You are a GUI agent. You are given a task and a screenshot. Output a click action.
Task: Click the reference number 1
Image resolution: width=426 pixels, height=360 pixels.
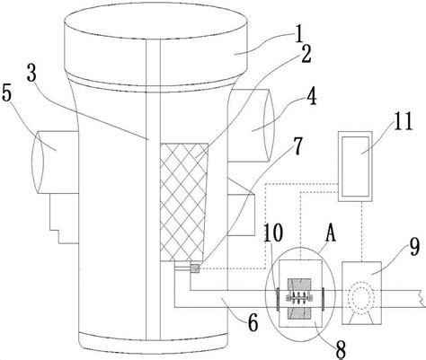click(x=298, y=35)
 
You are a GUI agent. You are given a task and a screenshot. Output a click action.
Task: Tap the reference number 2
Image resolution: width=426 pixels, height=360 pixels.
click(x=306, y=55)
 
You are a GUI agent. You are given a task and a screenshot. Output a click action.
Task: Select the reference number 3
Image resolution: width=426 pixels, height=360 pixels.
click(x=31, y=73)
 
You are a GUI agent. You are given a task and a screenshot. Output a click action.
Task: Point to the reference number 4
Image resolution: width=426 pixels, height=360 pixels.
click(x=312, y=96)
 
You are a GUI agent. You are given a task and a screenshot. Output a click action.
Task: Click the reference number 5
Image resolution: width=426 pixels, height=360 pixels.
click(x=6, y=93)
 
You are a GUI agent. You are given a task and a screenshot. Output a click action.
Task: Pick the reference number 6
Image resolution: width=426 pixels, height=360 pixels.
click(x=253, y=323)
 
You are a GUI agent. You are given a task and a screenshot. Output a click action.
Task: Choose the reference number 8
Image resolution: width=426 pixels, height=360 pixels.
click(x=341, y=349)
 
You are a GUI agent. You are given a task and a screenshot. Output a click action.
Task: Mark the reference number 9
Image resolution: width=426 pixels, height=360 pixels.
click(x=414, y=248)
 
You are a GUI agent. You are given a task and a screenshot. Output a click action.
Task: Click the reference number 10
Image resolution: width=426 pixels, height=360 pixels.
click(x=273, y=233)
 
